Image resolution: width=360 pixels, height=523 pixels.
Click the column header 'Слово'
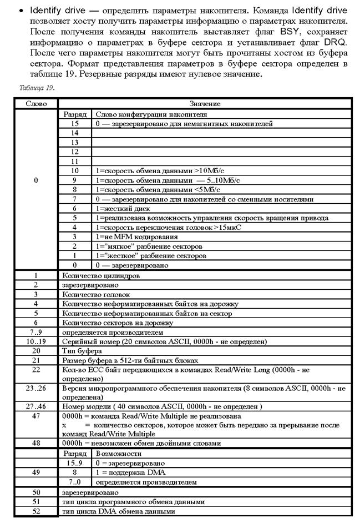tap(36, 104)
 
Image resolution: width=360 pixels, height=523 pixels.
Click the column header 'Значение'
tap(205, 104)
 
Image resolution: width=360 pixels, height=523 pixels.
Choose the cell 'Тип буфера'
tap(82, 350)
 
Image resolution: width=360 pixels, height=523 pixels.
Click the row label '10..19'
tap(36, 341)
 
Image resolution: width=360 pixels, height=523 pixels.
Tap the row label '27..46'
tap(36, 406)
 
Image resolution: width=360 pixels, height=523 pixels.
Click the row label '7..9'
tap(36, 331)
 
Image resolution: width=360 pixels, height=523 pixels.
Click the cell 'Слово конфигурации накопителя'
tap(144, 113)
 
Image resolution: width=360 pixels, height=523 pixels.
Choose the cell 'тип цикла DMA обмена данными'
tap(119, 511)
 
